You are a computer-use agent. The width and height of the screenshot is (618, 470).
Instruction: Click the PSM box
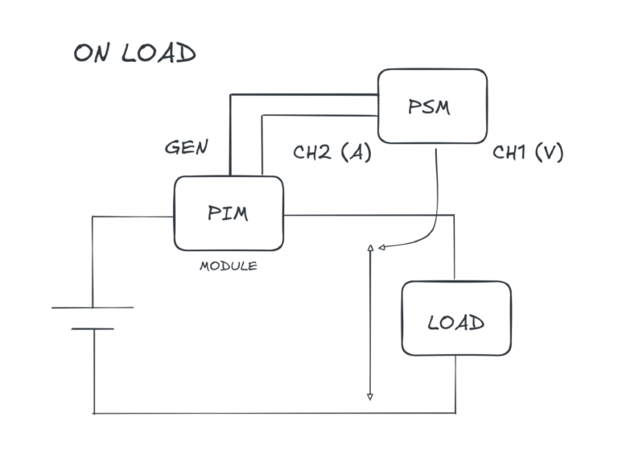(433, 106)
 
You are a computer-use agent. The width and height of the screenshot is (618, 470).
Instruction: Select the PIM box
(229, 213)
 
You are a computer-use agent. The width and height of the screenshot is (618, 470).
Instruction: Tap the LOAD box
(456, 318)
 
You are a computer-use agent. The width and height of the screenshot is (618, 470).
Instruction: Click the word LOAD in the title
(159, 54)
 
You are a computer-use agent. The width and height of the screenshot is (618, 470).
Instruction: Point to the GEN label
(186, 147)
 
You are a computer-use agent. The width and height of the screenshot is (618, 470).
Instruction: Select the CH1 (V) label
(528, 152)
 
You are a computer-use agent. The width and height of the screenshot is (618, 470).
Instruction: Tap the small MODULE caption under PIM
(229, 266)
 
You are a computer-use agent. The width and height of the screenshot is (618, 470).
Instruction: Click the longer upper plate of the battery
(93, 307)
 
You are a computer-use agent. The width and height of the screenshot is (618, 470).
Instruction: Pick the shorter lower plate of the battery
(93, 328)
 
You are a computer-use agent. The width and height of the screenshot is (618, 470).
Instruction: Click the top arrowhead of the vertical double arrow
(370, 248)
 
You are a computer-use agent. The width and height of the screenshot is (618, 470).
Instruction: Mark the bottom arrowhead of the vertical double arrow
(370, 396)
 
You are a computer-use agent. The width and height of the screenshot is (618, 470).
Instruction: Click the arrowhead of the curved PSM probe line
(379, 248)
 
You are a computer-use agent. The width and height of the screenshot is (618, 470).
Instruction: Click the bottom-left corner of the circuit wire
(94, 412)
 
